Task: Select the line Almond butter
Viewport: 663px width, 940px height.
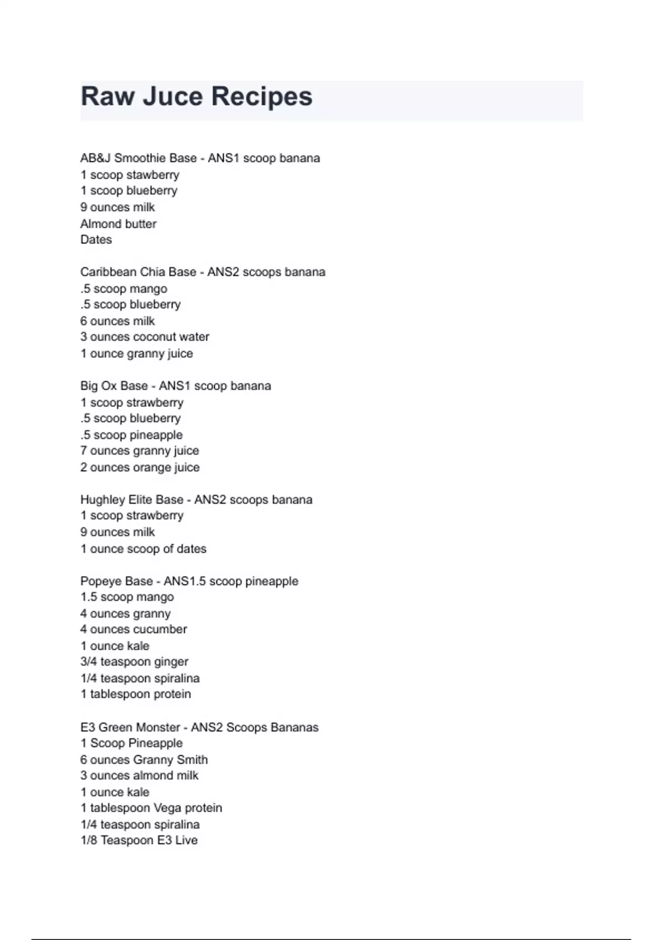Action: [118, 224]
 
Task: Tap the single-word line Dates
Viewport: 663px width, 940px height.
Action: [96, 240]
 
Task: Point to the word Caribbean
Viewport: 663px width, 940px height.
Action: [108, 272]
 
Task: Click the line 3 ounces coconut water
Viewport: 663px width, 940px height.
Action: [145, 337]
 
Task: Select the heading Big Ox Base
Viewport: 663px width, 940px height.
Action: [114, 386]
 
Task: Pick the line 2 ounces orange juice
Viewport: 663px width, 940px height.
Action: [140, 467]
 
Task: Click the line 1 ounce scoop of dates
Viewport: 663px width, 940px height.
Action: [143, 549]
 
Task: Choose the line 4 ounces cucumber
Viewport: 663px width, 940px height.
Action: [134, 629]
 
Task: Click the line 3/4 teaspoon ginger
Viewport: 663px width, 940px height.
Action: [134, 662]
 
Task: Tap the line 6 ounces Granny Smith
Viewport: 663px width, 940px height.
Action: [144, 760]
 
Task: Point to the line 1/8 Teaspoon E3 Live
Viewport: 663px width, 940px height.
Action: [139, 840]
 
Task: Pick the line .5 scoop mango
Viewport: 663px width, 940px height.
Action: [124, 289]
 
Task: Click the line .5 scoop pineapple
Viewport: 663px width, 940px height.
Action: [131, 435]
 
